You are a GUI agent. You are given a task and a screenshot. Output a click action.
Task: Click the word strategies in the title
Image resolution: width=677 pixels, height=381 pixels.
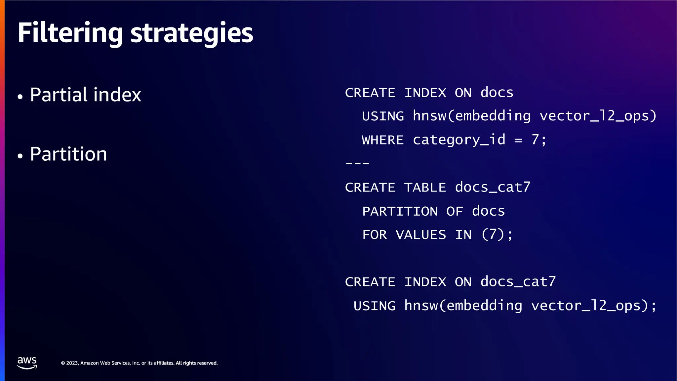pos(192,33)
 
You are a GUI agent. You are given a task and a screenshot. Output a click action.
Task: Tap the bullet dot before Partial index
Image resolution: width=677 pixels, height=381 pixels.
pos(20,97)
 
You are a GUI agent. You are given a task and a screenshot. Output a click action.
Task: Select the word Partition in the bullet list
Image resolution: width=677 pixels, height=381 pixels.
pos(68,154)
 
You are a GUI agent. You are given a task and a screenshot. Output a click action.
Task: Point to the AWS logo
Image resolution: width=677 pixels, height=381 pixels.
pos(27,363)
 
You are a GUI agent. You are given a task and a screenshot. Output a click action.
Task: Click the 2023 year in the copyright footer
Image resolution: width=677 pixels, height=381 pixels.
pos(72,363)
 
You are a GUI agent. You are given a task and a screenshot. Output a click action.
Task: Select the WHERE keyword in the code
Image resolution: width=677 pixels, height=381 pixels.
pos(383,140)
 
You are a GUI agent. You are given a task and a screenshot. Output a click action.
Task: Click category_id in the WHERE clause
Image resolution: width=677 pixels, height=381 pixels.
pos(459,140)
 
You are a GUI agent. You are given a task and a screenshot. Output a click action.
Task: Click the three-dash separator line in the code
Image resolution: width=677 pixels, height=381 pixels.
pos(357,163)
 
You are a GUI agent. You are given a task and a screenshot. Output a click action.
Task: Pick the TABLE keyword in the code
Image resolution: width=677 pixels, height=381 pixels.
pos(425,188)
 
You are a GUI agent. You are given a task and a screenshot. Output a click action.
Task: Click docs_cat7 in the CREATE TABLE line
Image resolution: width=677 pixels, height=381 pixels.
pos(493,188)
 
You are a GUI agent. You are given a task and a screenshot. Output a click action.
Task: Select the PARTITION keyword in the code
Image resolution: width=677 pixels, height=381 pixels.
pos(400,211)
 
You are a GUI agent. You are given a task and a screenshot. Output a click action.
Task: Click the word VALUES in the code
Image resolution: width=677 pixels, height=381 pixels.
pos(421,235)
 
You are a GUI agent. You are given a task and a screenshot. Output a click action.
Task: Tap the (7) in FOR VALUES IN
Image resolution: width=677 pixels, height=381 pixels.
pos(493,235)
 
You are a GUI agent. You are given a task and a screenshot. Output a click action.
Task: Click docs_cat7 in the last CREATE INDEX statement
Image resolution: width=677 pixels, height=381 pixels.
pos(518,282)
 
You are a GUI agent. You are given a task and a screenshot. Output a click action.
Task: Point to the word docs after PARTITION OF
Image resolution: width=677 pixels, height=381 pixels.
pos(488,211)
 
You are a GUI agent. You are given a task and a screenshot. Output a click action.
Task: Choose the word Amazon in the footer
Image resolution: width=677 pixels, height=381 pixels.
pos(90,363)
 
